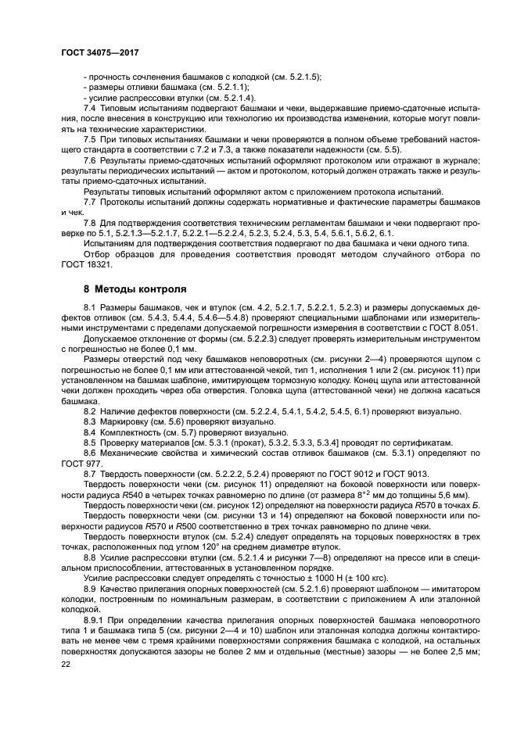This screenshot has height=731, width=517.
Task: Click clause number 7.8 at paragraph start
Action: [90, 223]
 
